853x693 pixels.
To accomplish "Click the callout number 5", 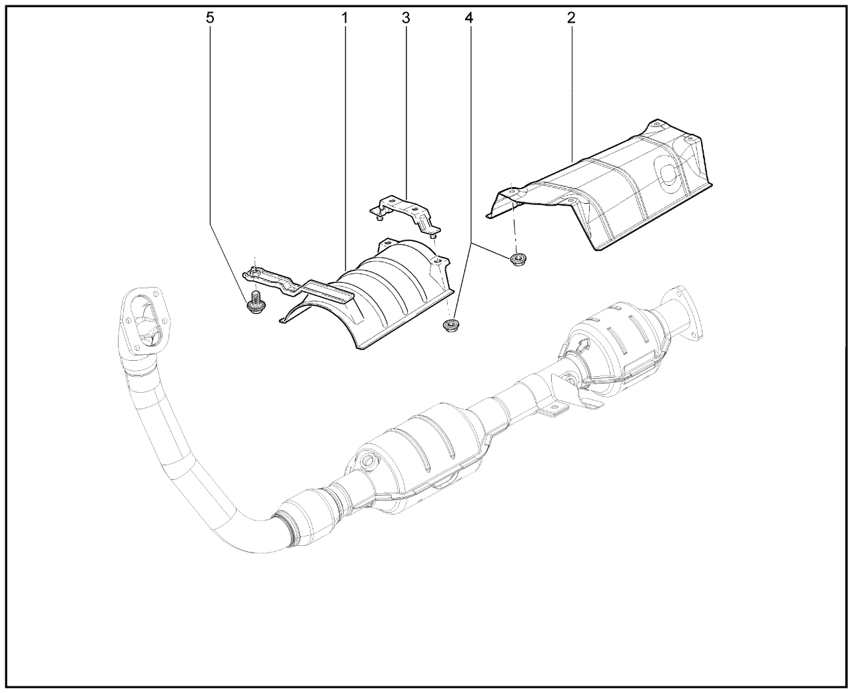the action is click(210, 18).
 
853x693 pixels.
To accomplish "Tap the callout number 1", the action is click(345, 18).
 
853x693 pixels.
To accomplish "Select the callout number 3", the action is click(406, 18).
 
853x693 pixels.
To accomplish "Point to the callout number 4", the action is click(468, 18).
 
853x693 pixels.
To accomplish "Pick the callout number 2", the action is click(571, 18).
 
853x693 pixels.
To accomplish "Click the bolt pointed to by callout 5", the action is click(255, 304).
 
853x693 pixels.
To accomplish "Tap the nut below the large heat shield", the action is click(518, 258).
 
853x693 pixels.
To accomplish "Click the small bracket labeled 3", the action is click(405, 214).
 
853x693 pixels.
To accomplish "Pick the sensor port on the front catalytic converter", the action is click(367, 461).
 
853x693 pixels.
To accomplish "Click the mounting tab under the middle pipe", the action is click(553, 411).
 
